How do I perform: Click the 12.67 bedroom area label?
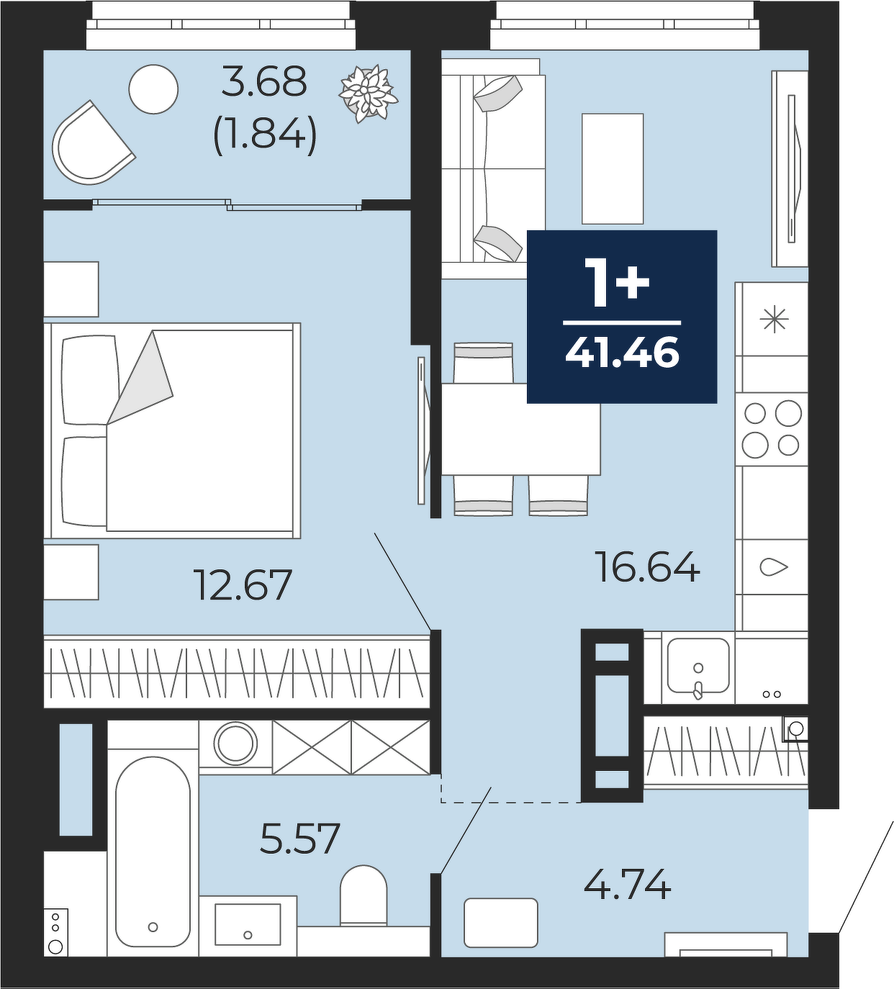click(244, 584)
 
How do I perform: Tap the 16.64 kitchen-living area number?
click(647, 566)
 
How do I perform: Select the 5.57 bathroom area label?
click(300, 838)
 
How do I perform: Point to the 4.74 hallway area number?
click(627, 883)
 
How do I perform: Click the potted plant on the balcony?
click(368, 94)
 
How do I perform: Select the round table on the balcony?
click(153, 89)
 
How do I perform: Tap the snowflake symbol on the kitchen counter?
click(775, 320)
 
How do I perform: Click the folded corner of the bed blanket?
click(140, 378)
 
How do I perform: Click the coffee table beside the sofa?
click(613, 168)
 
